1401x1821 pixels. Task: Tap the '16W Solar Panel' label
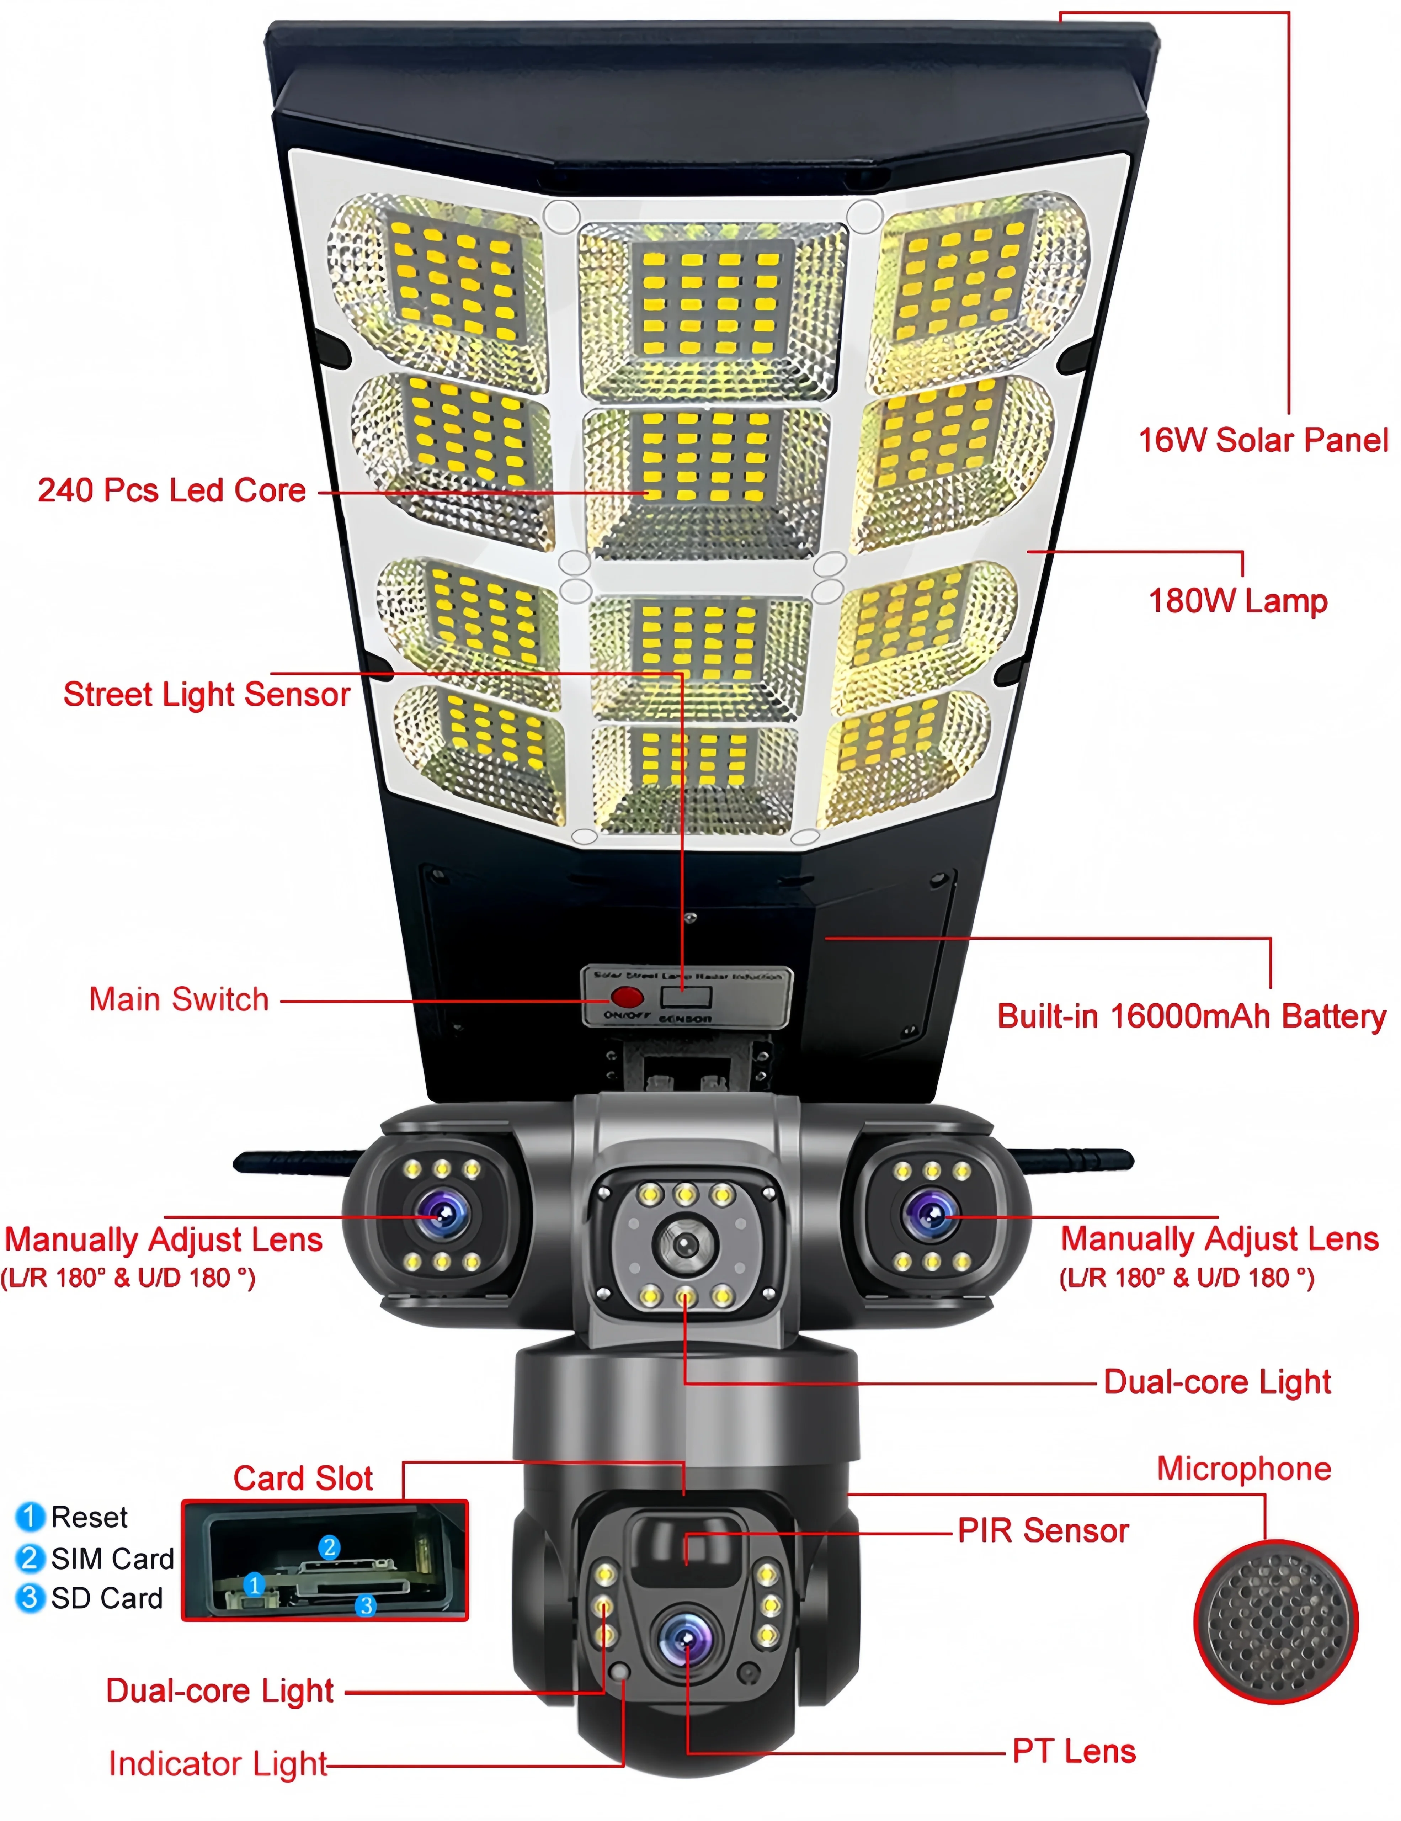[1263, 440]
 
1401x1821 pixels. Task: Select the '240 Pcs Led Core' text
[172, 490]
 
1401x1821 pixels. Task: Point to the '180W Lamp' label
[1238, 600]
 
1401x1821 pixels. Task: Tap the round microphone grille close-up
[1276, 1621]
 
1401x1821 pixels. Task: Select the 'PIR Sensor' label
[1043, 1531]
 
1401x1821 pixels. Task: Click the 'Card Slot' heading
[303, 1478]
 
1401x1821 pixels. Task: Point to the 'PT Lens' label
[1074, 1751]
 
